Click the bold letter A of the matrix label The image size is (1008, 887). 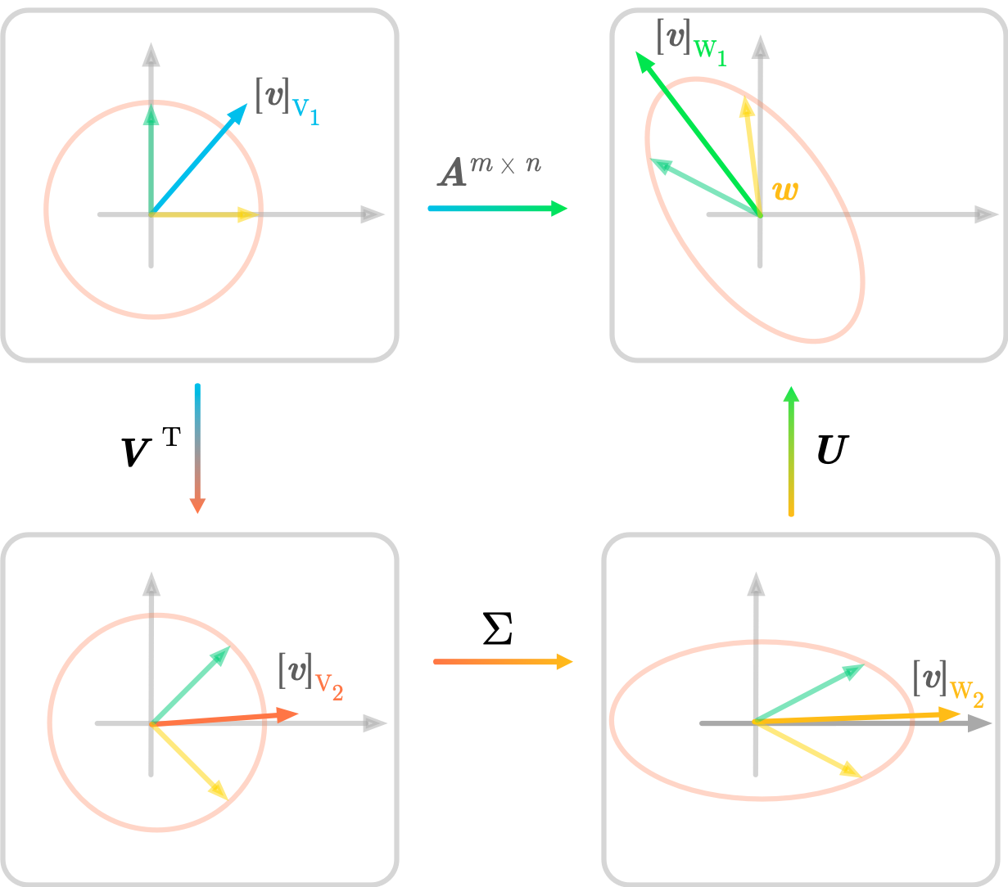(x=453, y=173)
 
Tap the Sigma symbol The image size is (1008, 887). (x=498, y=628)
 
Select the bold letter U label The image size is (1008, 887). (x=833, y=449)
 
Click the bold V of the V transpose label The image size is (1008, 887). (x=136, y=452)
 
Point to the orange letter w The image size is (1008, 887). (x=785, y=191)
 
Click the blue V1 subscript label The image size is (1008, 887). (x=305, y=111)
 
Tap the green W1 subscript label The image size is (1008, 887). (x=710, y=52)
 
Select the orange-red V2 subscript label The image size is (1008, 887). (x=329, y=687)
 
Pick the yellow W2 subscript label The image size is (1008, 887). (x=967, y=695)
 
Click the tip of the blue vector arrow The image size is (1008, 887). (x=246, y=104)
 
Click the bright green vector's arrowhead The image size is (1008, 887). (x=637, y=52)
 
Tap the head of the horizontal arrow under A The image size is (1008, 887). (x=567, y=209)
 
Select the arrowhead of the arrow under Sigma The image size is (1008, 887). (x=572, y=662)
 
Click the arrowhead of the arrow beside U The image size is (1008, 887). (x=791, y=387)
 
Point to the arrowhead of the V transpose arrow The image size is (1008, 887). (x=197, y=512)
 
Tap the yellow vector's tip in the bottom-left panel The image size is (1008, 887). (x=228, y=799)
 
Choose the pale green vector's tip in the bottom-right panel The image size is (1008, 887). (x=864, y=665)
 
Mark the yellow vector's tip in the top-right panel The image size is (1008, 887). (x=745, y=97)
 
